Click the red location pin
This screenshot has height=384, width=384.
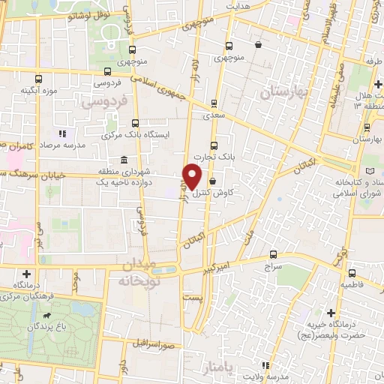pyautogui.click(x=193, y=176)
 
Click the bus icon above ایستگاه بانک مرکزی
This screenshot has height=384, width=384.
pyautogui.click(x=135, y=122)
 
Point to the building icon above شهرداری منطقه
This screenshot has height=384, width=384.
pyautogui.click(x=123, y=161)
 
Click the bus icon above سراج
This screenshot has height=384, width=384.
pyautogui.click(x=272, y=253)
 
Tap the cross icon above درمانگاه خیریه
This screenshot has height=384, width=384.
pyautogui.click(x=331, y=311)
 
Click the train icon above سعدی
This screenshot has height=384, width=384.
pyautogui.click(x=214, y=104)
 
